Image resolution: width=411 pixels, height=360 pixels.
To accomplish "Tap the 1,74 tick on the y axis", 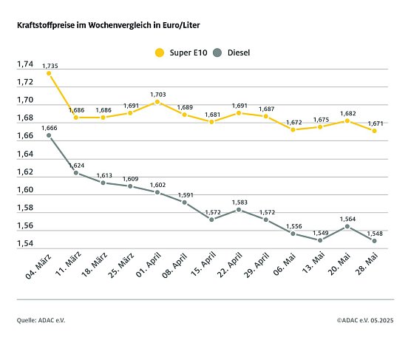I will pyautogui.click(x=25, y=64).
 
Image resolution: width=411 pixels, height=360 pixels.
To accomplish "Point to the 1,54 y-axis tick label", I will pyautogui.click(x=25, y=244).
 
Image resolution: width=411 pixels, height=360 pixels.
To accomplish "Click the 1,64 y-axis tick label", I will pyautogui.click(x=25, y=154).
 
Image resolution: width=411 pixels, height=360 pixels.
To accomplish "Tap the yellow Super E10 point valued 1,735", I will pyautogui.click(x=49, y=73).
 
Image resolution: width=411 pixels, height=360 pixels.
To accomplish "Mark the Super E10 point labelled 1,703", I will pyautogui.click(x=157, y=102).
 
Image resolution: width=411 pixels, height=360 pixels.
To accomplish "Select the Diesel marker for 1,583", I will pyautogui.click(x=239, y=210).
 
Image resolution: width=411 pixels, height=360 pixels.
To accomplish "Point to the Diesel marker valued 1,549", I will pyautogui.click(x=320, y=240).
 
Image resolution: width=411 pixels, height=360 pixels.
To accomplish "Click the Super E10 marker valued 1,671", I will pyautogui.click(x=375, y=131).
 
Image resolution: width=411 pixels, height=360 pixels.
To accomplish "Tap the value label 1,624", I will pyautogui.click(x=76, y=165).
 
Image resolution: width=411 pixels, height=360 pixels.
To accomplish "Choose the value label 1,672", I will pyautogui.click(x=293, y=122).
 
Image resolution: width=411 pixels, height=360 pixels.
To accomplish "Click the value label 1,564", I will pyautogui.click(x=347, y=219).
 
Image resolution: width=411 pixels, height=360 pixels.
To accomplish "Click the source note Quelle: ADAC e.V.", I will pyautogui.click(x=41, y=321).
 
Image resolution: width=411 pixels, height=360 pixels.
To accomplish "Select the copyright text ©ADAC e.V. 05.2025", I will pyautogui.click(x=365, y=321).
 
